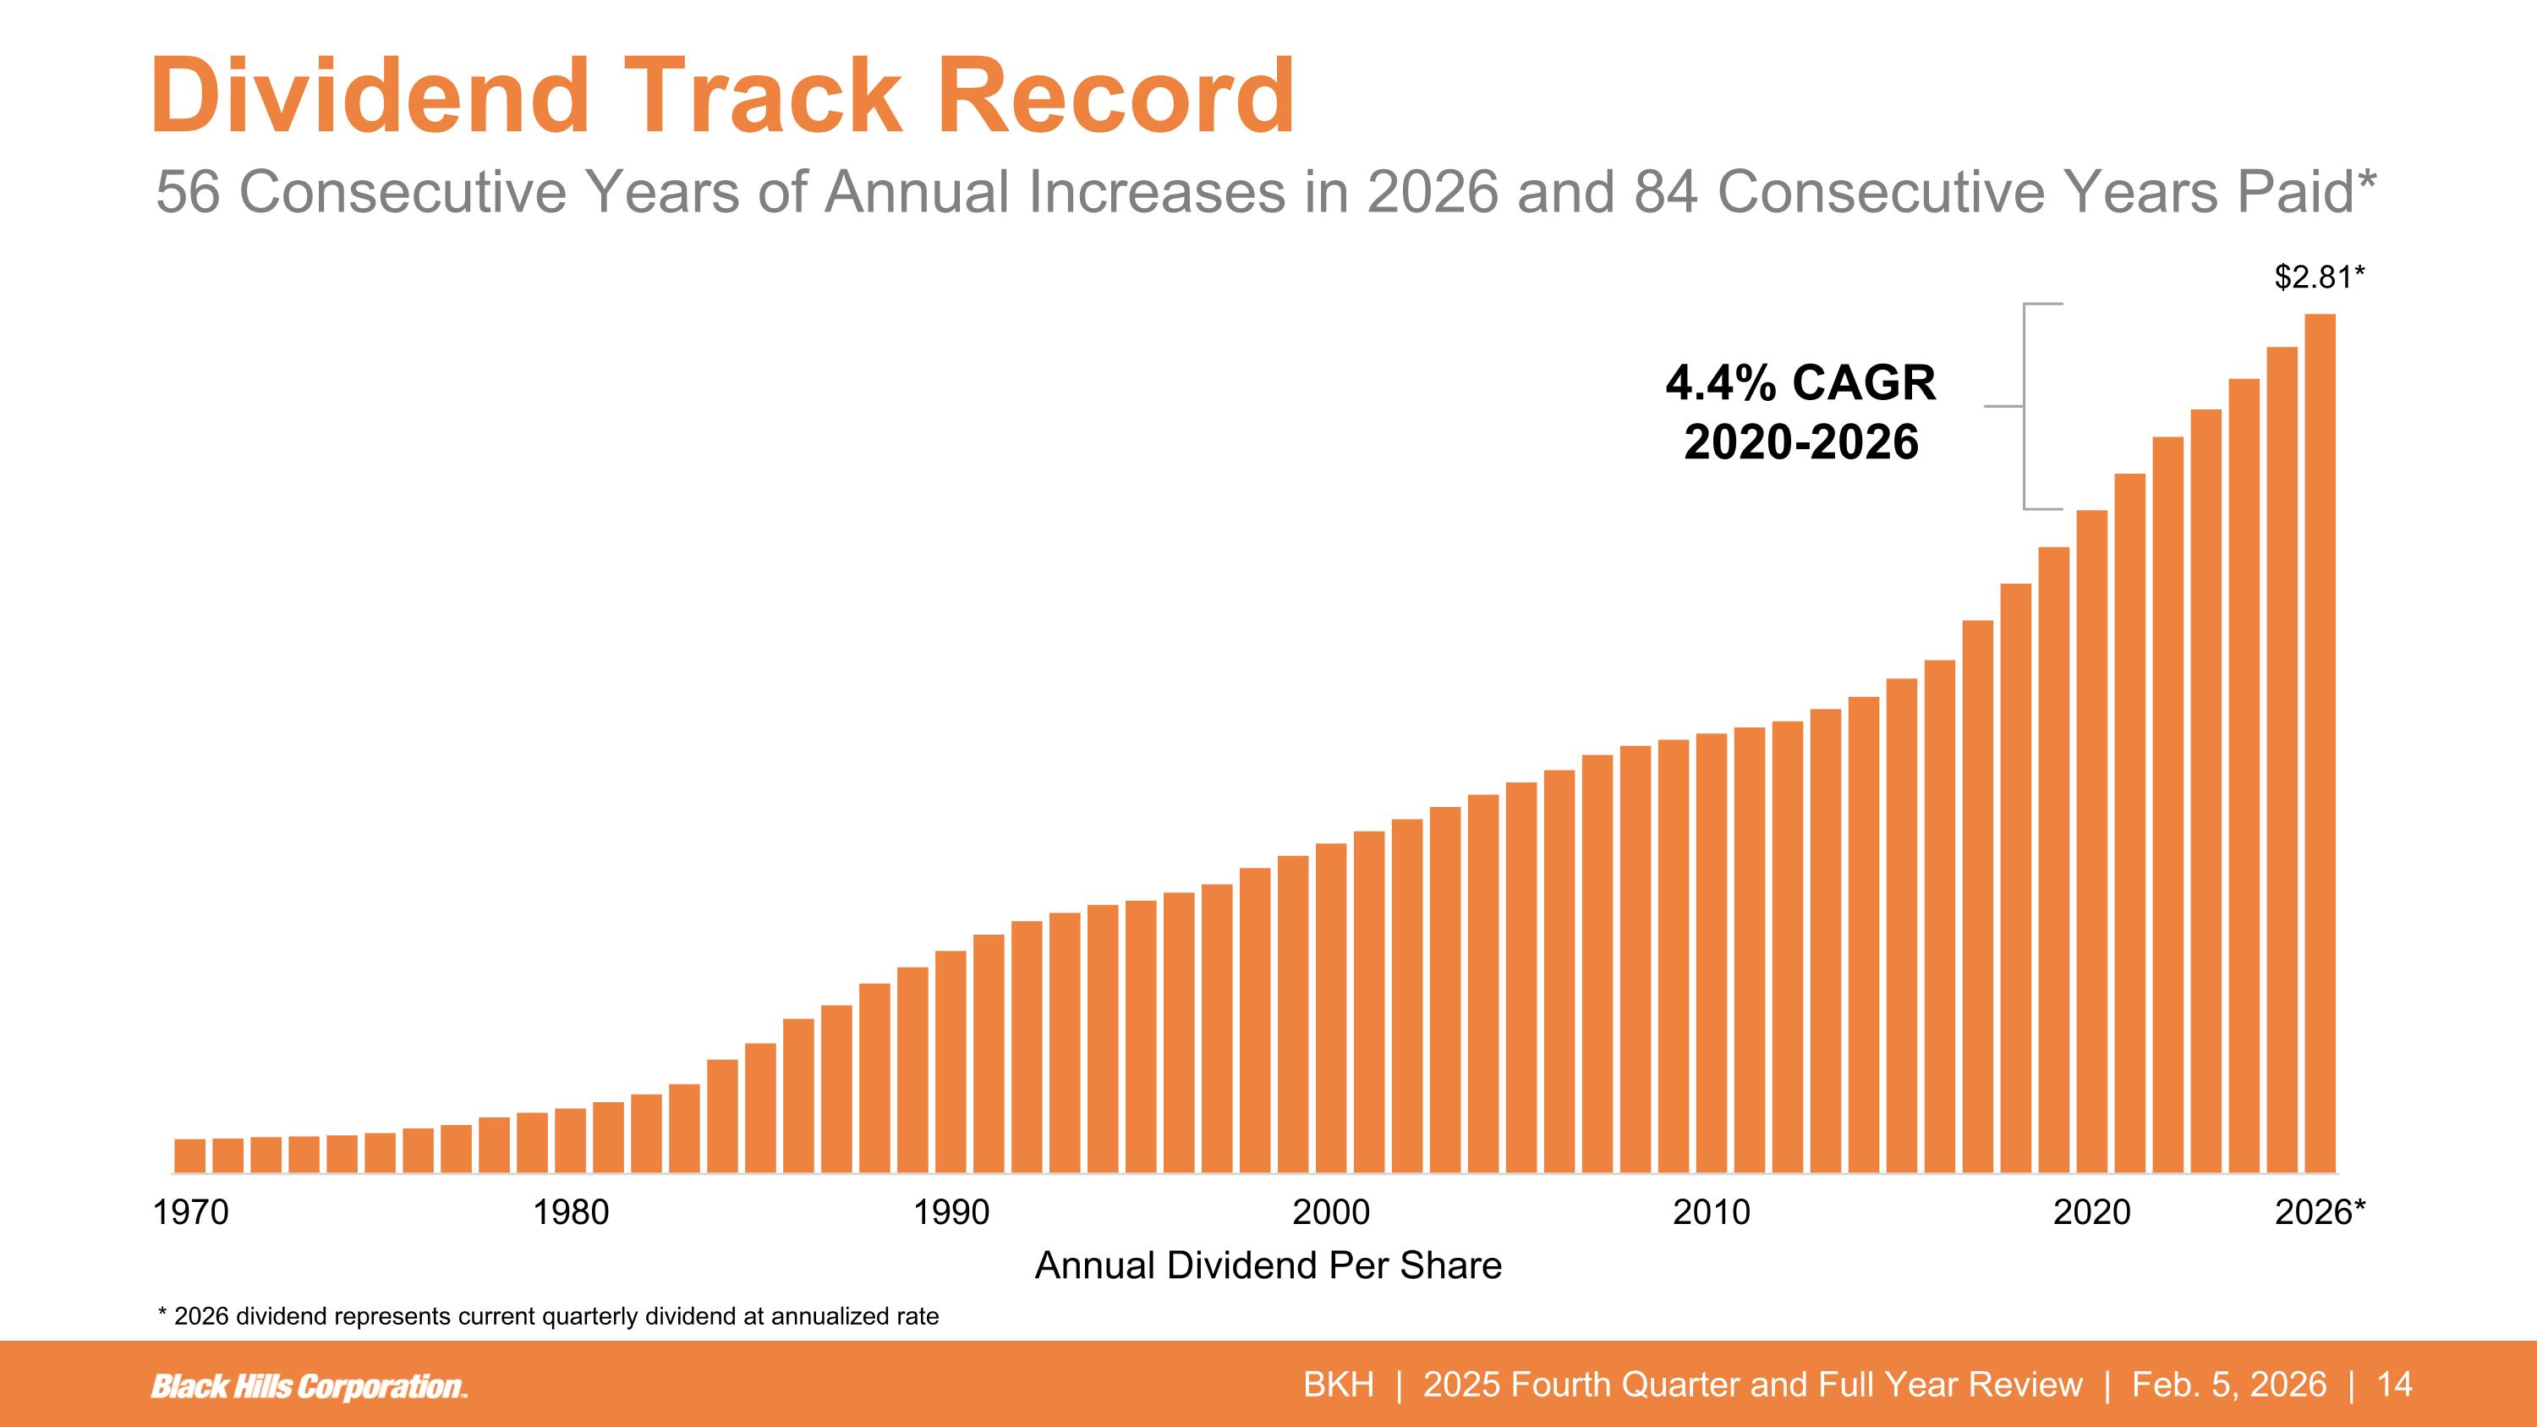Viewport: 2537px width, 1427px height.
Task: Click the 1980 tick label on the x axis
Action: (571, 1212)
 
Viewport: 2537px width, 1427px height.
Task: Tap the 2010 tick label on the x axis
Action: (1712, 1212)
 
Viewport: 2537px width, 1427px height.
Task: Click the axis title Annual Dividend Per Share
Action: (1268, 1265)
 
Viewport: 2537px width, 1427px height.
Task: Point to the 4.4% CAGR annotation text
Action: (1800, 383)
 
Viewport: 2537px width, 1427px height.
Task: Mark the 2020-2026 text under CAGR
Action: (1800, 442)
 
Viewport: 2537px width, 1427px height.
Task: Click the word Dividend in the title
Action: (370, 96)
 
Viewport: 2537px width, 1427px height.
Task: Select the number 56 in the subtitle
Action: (187, 192)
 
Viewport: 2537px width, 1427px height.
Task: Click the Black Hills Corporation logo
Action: (309, 1386)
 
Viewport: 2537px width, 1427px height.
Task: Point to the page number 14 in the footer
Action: (2395, 1385)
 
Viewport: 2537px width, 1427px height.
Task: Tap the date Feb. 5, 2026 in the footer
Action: (2228, 1385)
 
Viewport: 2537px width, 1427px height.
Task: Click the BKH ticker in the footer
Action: (1339, 1385)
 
